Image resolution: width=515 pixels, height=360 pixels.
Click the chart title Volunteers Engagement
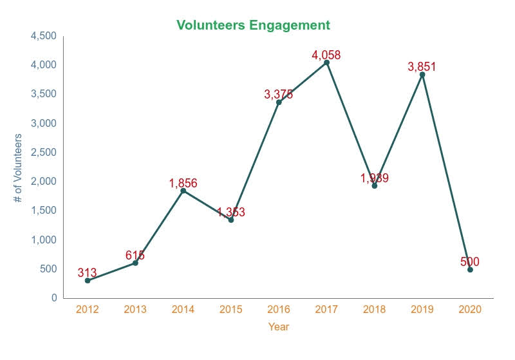[253, 25]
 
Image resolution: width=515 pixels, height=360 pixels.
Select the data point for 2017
[326, 62]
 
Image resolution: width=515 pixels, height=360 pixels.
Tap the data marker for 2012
[88, 280]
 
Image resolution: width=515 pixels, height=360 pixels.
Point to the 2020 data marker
[470, 270]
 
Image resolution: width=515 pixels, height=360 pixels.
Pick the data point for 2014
[183, 191]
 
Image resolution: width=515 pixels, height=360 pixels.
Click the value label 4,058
[326, 55]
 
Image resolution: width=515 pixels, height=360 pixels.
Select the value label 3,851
[422, 66]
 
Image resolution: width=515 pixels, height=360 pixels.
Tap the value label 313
[87, 273]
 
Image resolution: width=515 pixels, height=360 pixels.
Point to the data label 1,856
[183, 184]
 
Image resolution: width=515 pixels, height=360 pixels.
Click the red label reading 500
[470, 262]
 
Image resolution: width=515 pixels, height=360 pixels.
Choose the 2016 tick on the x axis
[279, 310]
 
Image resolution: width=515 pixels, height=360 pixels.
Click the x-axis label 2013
[135, 310]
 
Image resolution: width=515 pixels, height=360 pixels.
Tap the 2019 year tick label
[422, 310]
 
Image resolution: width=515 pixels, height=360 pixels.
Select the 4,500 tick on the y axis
[43, 36]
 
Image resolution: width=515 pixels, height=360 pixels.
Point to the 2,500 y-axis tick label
[43, 153]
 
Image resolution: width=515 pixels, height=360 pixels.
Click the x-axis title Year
[279, 327]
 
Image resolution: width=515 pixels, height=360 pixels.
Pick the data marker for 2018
[374, 185]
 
